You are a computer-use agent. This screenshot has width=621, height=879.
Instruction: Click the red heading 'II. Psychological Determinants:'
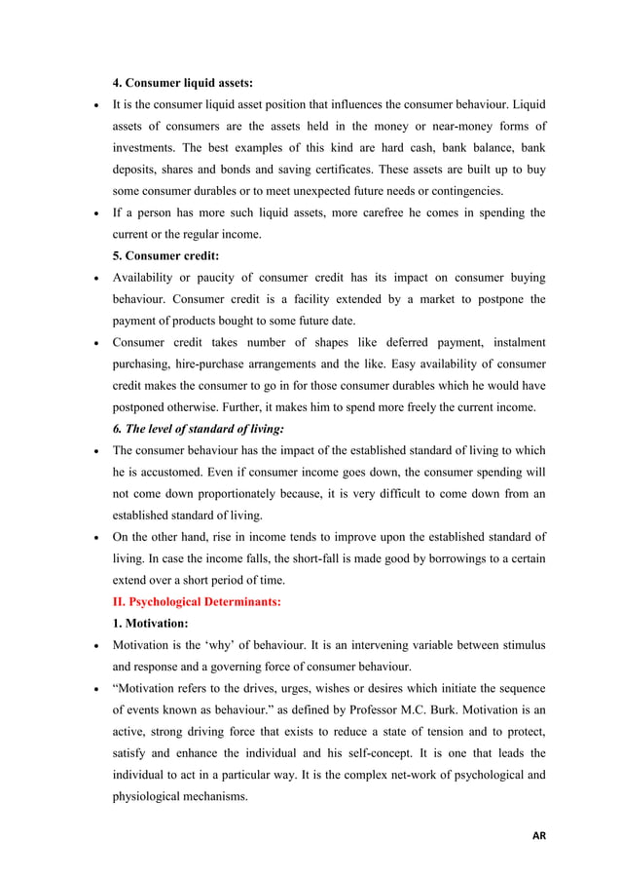[x=197, y=602]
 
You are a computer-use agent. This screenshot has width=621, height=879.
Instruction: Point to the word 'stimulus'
[x=521, y=646]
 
